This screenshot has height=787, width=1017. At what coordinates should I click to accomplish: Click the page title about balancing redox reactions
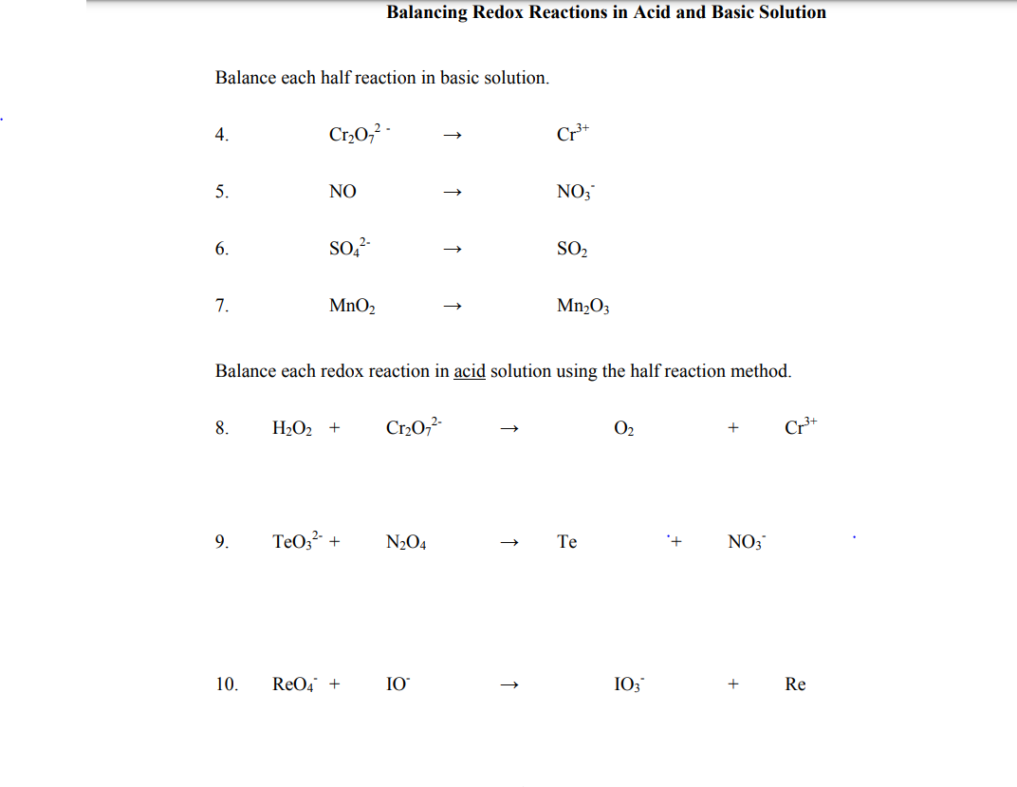point(606,12)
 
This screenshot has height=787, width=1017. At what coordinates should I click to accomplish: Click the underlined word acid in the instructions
point(470,371)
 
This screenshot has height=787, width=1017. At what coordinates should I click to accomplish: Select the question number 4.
point(221,135)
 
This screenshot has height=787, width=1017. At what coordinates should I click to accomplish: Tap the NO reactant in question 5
point(342,192)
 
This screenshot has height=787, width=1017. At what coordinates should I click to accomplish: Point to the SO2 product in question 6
point(573,249)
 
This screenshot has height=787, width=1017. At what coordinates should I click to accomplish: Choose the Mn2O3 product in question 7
point(583,306)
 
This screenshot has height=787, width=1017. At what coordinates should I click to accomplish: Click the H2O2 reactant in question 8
point(294,428)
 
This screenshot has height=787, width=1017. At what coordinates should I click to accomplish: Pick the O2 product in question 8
point(623,428)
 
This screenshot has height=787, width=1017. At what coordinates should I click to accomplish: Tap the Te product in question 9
point(566,542)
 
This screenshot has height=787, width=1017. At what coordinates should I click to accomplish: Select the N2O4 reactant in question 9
point(406,543)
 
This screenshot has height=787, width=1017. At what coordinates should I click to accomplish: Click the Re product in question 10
point(795,684)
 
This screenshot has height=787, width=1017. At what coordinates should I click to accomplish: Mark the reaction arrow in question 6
point(453,251)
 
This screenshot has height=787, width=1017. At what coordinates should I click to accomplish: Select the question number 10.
point(226,684)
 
